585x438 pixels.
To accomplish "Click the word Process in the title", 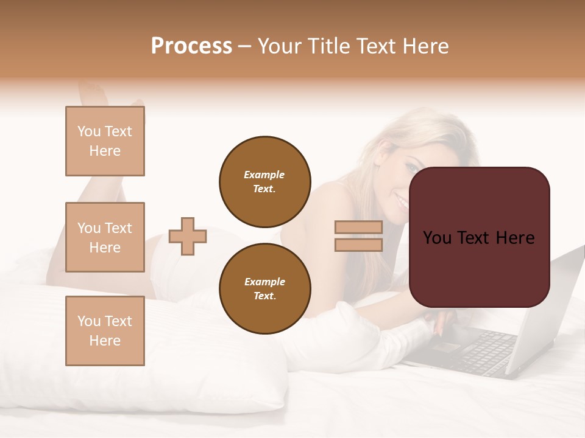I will (191, 46).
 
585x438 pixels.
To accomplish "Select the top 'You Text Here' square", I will (105, 141).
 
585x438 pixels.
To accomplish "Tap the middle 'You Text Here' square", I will (105, 237).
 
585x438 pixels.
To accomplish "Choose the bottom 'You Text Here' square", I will (105, 330).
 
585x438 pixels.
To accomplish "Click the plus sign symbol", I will (188, 236).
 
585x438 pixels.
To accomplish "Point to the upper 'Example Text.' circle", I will (264, 182).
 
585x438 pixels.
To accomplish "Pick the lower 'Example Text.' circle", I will (264, 288).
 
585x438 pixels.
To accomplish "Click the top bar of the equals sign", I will (358, 227).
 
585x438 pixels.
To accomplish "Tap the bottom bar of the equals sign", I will (358, 245).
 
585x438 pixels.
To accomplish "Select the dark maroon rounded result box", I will (479, 237).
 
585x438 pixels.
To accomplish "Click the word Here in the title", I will (424, 46).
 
